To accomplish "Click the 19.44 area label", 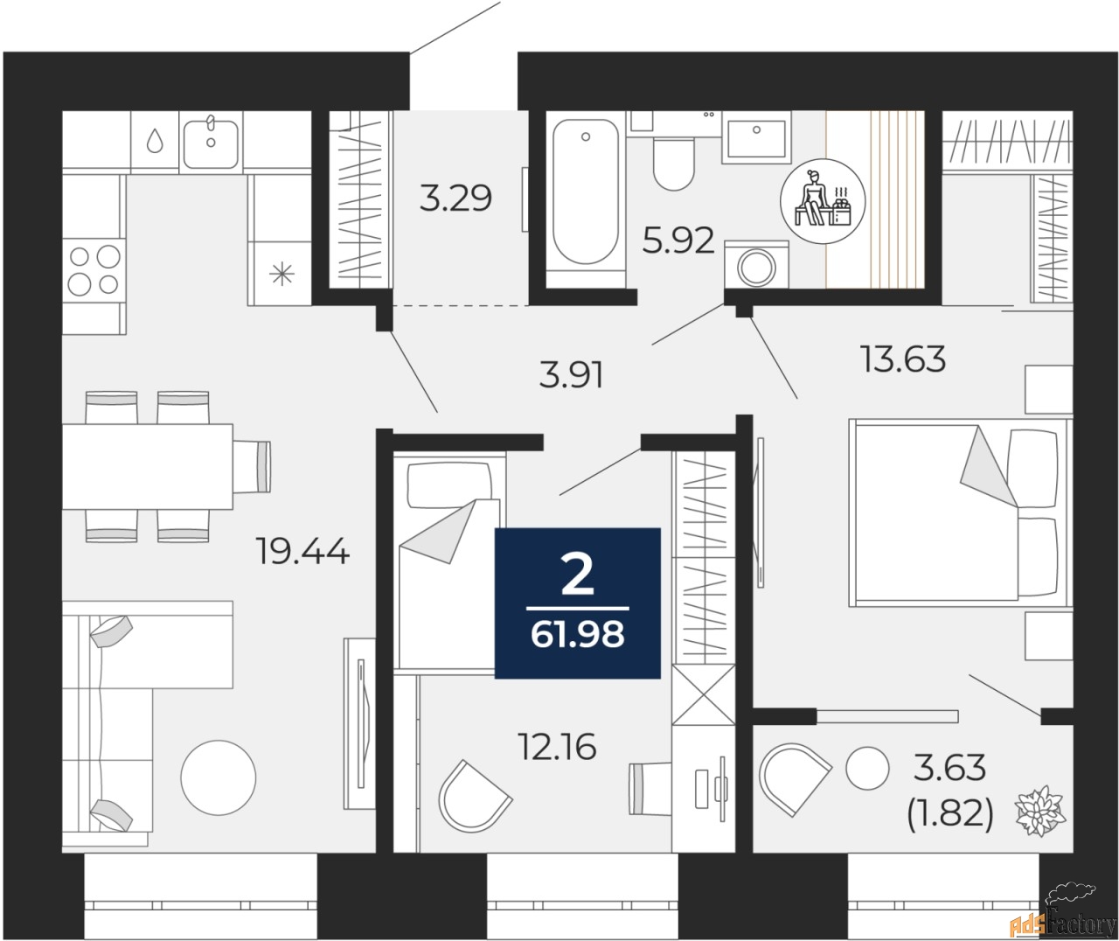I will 302,552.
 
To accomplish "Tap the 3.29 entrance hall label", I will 455,199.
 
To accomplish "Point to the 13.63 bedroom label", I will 904,359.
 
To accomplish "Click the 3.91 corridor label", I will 570,375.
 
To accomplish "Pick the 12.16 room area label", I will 556,747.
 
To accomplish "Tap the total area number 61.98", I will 577,634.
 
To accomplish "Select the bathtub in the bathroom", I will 585,196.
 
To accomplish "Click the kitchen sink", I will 212,141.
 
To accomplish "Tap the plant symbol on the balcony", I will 1039,810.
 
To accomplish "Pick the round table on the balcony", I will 866,766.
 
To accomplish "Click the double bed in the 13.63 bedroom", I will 957,512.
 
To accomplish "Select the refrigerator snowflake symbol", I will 280,275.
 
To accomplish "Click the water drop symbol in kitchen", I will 155,141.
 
